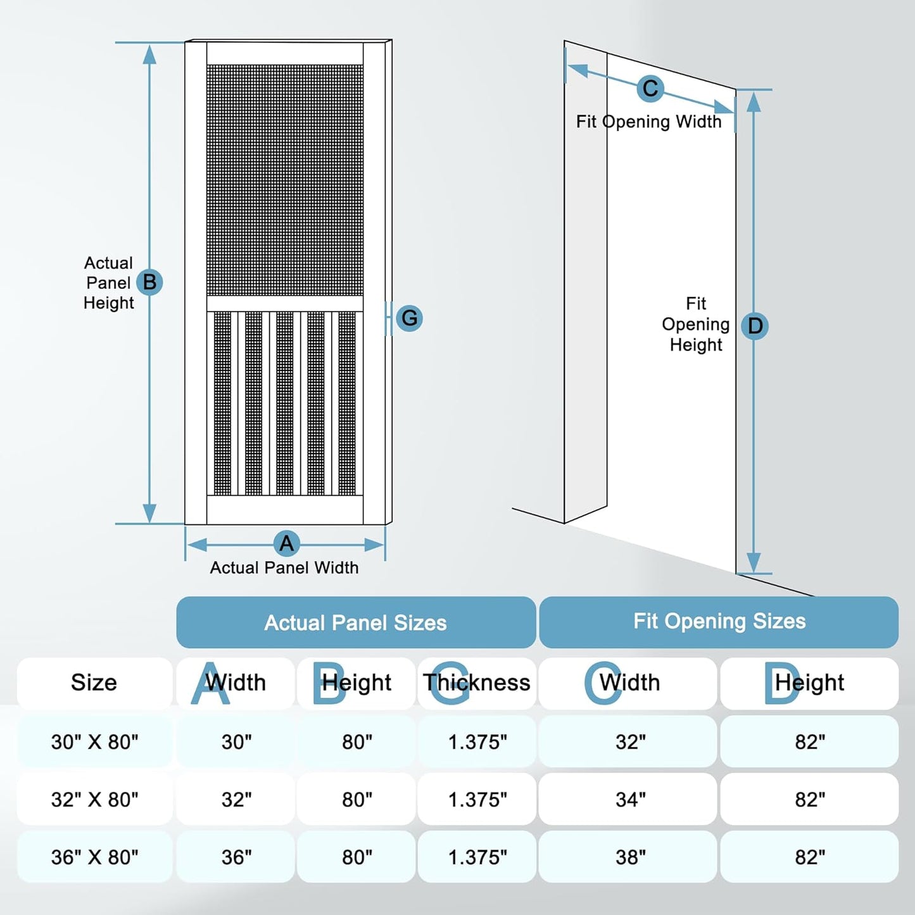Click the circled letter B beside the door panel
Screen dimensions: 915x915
pyautogui.click(x=149, y=282)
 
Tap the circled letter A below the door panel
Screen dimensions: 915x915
pyautogui.click(x=286, y=543)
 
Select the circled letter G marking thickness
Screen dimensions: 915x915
pyautogui.click(x=409, y=318)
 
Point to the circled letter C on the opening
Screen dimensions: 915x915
pyautogui.click(x=650, y=89)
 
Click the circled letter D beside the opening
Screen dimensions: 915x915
pyautogui.click(x=755, y=326)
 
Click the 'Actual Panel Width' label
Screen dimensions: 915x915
pyautogui.click(x=284, y=568)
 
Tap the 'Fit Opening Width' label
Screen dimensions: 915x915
pyautogui.click(x=648, y=122)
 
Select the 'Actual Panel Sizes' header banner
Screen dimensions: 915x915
pyautogui.click(x=356, y=622)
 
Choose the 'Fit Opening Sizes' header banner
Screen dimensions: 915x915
pyautogui.click(x=719, y=622)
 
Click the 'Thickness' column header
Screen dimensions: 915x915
pyautogui.click(x=477, y=683)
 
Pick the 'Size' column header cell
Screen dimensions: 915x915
pyautogui.click(x=94, y=683)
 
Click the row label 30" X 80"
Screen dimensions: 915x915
pyautogui.click(x=95, y=741)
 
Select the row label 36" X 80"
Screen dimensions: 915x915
pyautogui.click(x=95, y=857)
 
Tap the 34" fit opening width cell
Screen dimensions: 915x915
pyautogui.click(x=630, y=799)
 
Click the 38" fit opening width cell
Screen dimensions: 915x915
pyautogui.click(x=630, y=857)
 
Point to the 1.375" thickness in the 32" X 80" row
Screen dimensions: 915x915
pyautogui.click(x=477, y=799)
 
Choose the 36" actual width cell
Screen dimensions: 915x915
pyautogui.click(x=236, y=857)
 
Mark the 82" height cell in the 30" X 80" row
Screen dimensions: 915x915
pyautogui.click(x=810, y=741)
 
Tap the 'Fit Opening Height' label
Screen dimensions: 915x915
pyautogui.click(x=695, y=324)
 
